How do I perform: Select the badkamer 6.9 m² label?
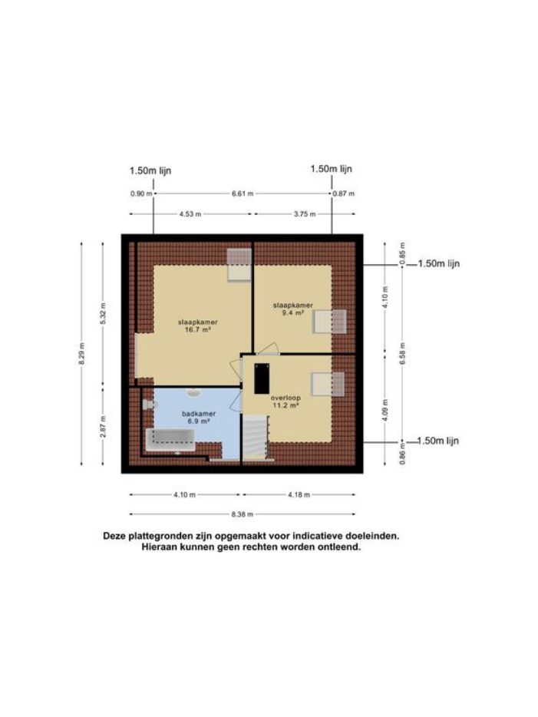pyautogui.click(x=196, y=418)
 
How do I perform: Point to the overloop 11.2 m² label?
pyautogui.click(x=286, y=402)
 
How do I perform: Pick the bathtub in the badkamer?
pyautogui.click(x=170, y=439)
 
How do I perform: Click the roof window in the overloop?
pyautogui.click(x=328, y=382)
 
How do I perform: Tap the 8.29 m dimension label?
pyautogui.click(x=81, y=354)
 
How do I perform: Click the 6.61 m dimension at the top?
pyautogui.click(x=243, y=193)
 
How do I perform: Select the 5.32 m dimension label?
pyautogui.click(x=103, y=314)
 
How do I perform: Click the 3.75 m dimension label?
pyautogui.click(x=305, y=214)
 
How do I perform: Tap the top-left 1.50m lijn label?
pyautogui.click(x=151, y=170)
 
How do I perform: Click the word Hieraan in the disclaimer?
pyautogui.click(x=158, y=548)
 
